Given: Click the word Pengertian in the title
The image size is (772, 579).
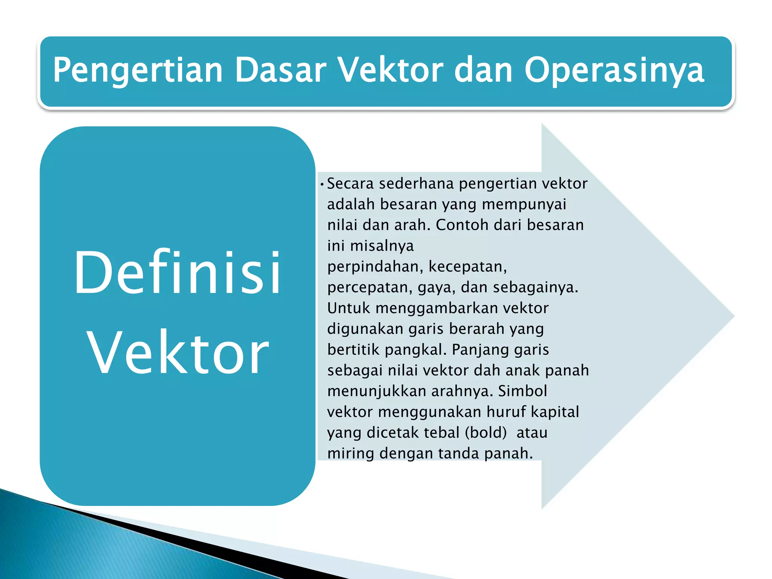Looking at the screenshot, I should pos(138,70).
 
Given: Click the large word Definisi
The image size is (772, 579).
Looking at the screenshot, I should pos(177,272).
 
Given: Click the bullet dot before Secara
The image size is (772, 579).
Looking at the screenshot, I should pos(322,185).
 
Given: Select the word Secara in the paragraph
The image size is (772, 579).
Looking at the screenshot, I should pos(350,184).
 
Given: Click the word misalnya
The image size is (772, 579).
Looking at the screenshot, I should pos(382,246).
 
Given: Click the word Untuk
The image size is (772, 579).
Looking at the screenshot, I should pos(349,308).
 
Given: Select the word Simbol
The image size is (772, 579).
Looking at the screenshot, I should pos(522,391).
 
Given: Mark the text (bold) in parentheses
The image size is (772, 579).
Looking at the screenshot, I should pos(486,433).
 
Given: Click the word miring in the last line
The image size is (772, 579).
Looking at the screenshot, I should pos(351,453).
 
